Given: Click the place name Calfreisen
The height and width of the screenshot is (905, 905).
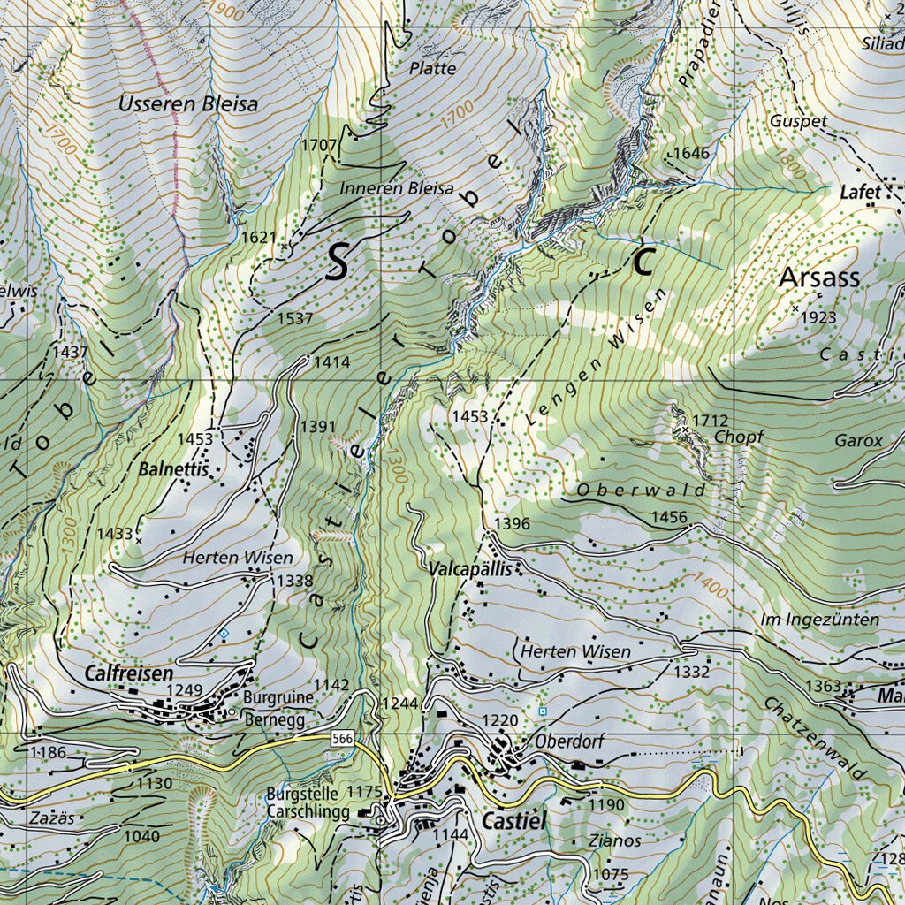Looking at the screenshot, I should [129, 673].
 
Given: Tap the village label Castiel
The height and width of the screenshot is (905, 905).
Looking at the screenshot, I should [513, 821].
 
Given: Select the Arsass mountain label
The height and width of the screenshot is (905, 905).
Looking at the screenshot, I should [819, 278].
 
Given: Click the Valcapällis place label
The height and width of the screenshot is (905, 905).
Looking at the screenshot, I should [469, 570].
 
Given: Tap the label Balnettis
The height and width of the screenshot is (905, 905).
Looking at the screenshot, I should [173, 470].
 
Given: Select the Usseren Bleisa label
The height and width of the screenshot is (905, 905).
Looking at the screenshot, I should [188, 104].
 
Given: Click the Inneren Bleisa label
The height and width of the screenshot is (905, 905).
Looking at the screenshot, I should [397, 188].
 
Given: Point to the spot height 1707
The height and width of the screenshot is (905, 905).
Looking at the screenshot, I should [319, 144].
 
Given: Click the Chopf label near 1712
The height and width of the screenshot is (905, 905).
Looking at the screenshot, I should [738, 437].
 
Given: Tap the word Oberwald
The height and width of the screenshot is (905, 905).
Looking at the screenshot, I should [642, 490].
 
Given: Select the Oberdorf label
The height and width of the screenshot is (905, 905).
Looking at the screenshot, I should [569, 741].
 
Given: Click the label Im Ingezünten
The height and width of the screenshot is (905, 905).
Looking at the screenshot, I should [819, 620].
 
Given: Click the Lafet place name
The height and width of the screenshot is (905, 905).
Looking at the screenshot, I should [860, 192].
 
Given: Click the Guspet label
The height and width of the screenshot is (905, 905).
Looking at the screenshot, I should [798, 121].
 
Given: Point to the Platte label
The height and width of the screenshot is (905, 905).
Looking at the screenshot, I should [433, 68].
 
